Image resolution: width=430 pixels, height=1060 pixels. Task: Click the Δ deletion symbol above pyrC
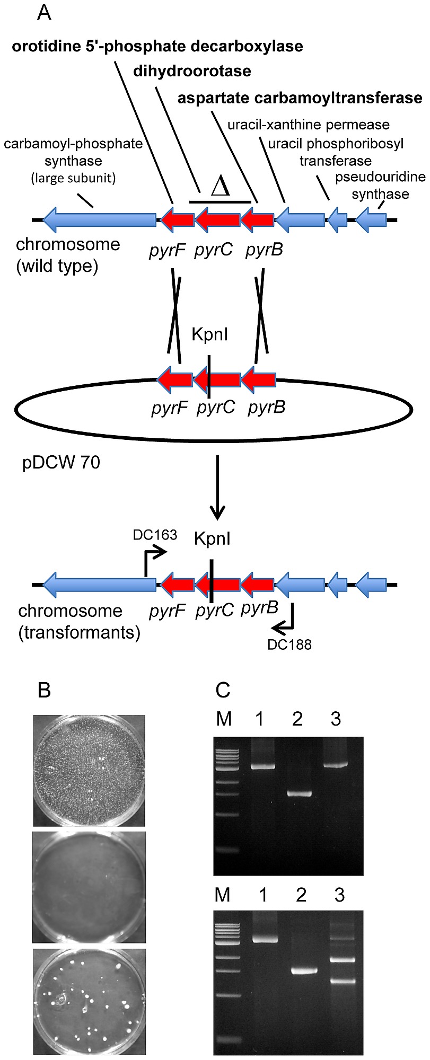(x=220, y=187)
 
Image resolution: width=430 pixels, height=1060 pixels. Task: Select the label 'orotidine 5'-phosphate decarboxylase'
(x=157, y=46)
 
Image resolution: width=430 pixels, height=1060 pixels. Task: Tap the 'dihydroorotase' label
(x=192, y=71)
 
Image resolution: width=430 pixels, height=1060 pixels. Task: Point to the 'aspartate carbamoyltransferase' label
(x=300, y=98)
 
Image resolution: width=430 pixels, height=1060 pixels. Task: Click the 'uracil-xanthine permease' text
(x=309, y=125)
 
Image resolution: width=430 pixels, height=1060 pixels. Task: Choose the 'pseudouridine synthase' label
(x=380, y=185)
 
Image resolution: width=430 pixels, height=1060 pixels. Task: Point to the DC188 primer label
(x=289, y=644)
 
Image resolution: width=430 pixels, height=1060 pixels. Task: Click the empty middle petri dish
(x=89, y=887)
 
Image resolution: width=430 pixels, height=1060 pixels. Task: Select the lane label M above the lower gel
(x=223, y=895)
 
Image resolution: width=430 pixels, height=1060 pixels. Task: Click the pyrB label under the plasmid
(x=266, y=408)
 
